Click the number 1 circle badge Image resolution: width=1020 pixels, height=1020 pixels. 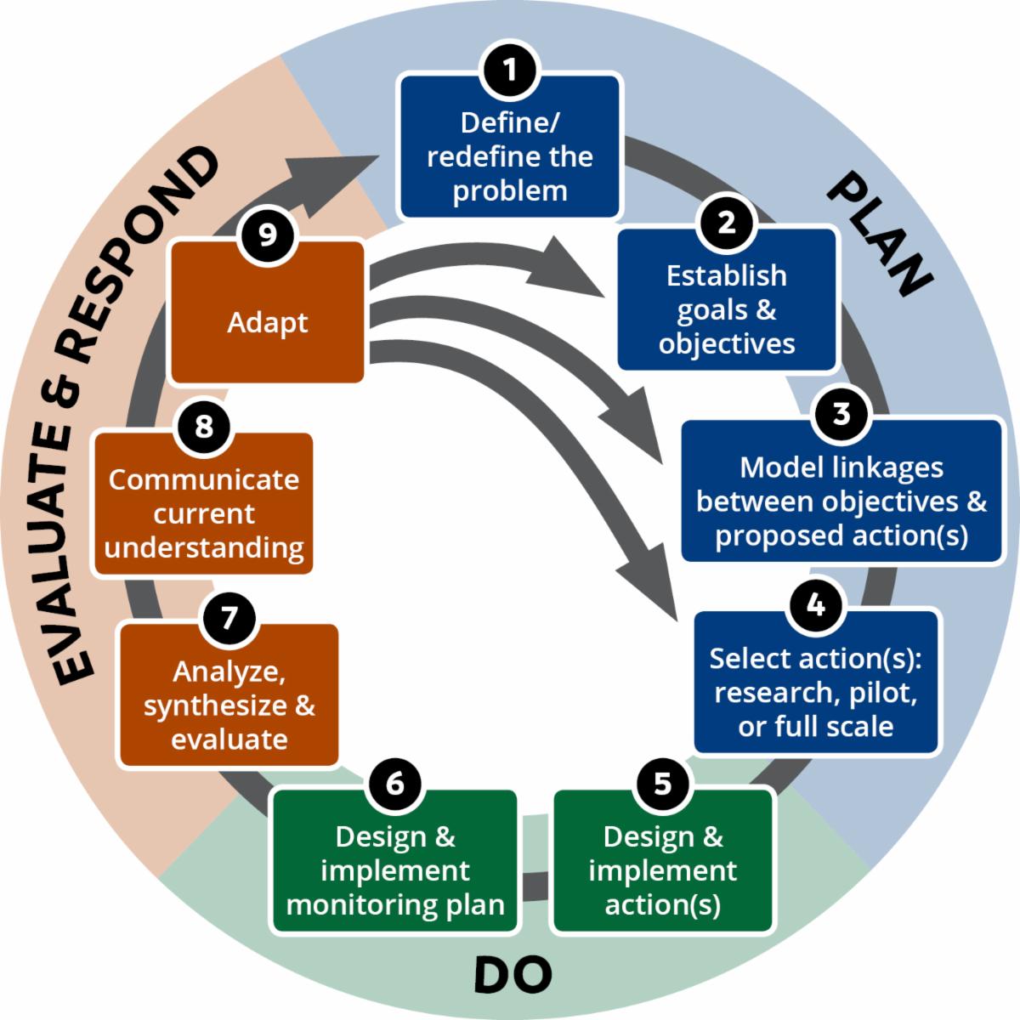click(x=510, y=70)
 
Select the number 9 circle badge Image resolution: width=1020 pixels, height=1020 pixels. click(x=268, y=235)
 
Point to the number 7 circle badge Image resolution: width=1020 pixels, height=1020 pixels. click(x=228, y=618)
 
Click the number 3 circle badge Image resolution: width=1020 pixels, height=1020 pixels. click(x=841, y=414)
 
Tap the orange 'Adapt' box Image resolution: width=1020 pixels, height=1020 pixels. click(x=268, y=323)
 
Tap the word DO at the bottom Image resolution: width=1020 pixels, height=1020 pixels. click(x=513, y=975)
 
